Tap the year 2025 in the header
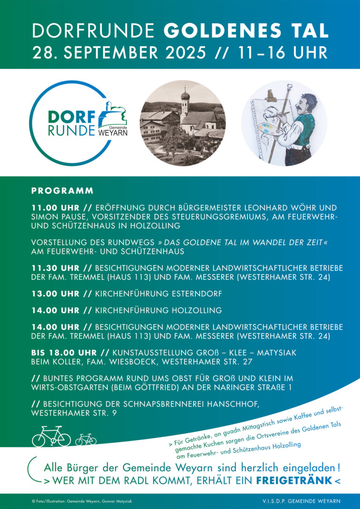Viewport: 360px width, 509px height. pyautogui.click(x=183, y=52)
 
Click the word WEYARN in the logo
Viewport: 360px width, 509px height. pyautogui.click(x=113, y=132)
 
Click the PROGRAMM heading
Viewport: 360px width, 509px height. pyautogui.click(x=62, y=191)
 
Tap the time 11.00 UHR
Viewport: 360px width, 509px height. pyautogui.click(x=55, y=207)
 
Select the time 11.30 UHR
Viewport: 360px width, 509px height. pyautogui.click(x=55, y=268)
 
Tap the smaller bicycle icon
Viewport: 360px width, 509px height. pyautogui.click(x=86, y=439)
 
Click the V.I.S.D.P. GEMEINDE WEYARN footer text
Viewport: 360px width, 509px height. pyautogui.click(x=301, y=501)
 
